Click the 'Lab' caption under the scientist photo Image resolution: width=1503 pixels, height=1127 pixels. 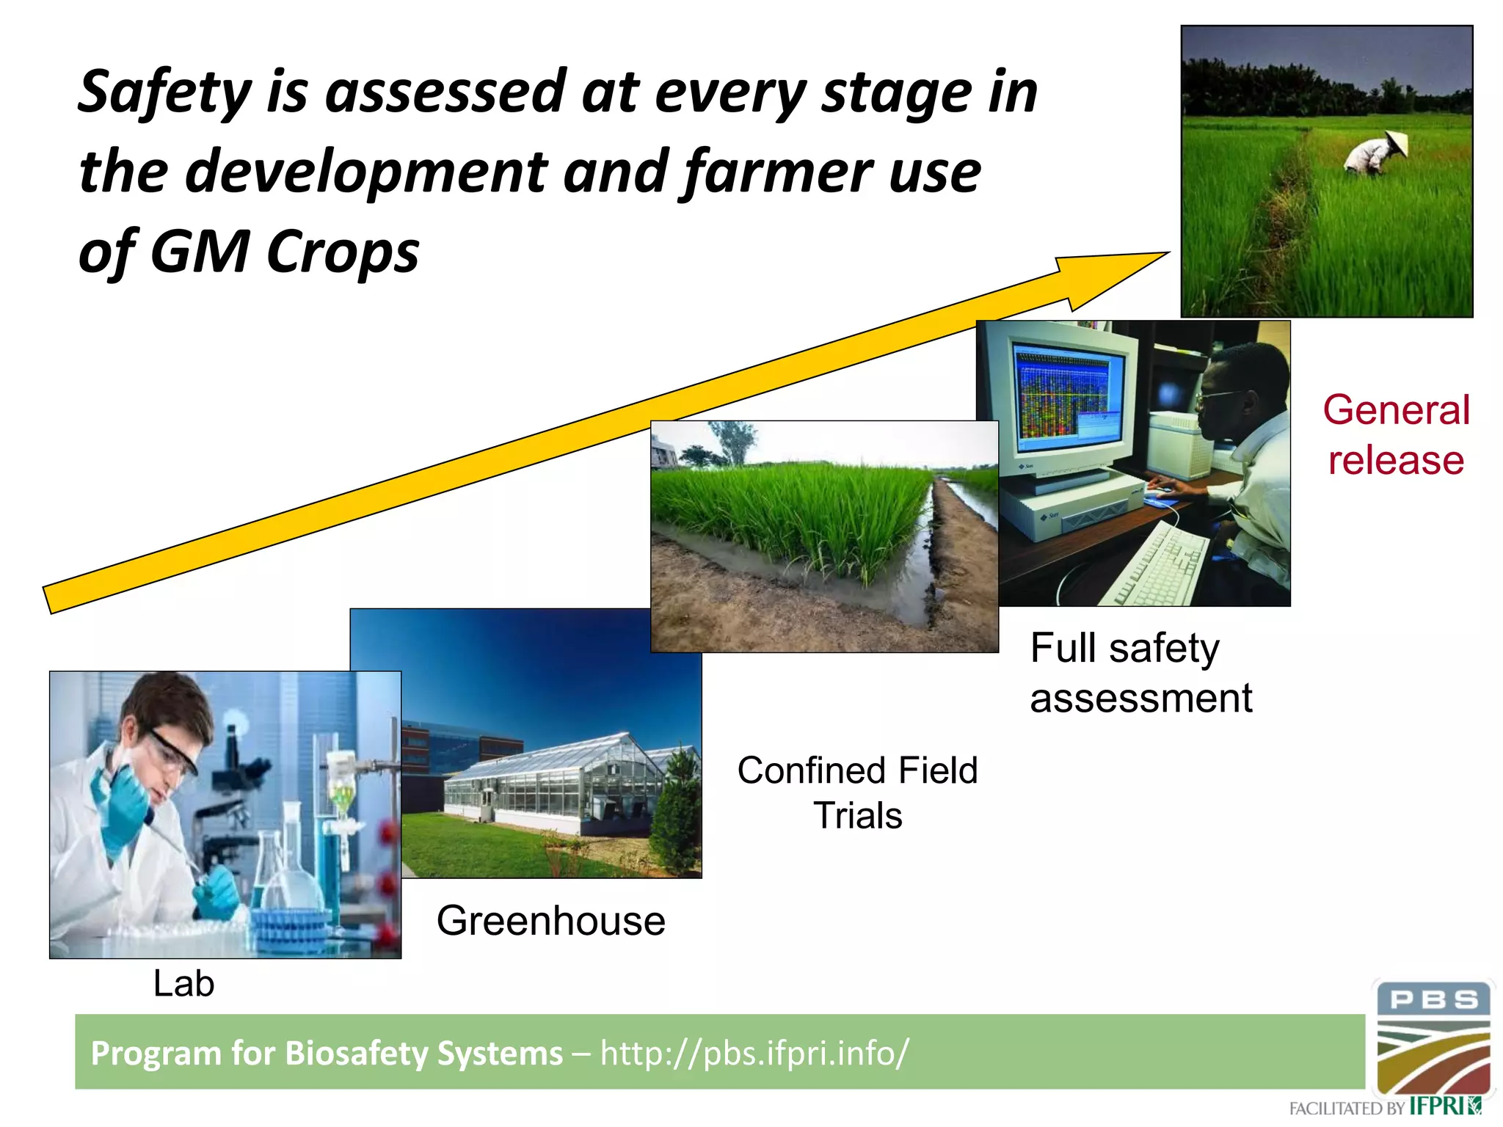(183, 984)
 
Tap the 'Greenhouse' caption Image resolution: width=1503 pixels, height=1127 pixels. (550, 921)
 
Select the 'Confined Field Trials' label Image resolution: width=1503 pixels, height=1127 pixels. (857, 793)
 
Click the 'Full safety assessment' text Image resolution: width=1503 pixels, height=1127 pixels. (1140, 673)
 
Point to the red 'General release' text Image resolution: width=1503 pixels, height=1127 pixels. (1396, 434)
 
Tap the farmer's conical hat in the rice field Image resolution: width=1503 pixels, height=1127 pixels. (1397, 144)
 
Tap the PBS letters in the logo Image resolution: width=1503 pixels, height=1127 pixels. (1433, 1000)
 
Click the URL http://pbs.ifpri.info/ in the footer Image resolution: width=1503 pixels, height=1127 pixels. (754, 1053)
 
